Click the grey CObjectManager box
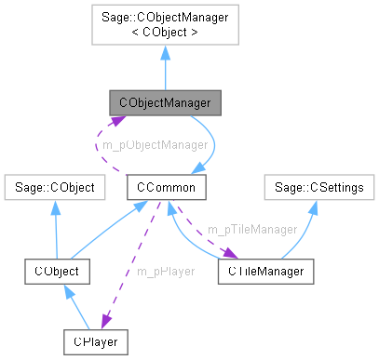(x=164, y=102)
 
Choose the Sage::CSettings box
(x=318, y=187)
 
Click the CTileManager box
(x=264, y=271)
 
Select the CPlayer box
(x=96, y=341)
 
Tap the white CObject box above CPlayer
(x=56, y=271)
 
